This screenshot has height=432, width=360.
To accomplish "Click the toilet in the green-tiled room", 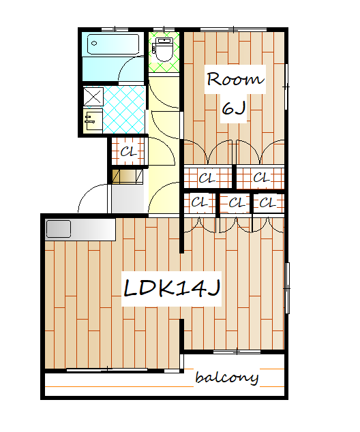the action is click(164, 49).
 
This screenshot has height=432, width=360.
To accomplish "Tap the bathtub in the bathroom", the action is click(113, 44).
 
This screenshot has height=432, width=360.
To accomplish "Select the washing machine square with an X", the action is click(93, 97).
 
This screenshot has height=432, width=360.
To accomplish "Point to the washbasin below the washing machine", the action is click(93, 121).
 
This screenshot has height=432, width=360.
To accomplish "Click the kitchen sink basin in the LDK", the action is click(59, 229).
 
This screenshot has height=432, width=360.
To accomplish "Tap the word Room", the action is click(235, 79).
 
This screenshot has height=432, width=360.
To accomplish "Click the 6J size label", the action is click(234, 108).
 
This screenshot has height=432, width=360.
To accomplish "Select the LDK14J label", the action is click(171, 288).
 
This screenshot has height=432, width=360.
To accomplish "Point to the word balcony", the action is click(227, 377).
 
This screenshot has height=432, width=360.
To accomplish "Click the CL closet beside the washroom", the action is click(128, 151).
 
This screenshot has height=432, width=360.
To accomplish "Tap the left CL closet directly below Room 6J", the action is click(208, 178).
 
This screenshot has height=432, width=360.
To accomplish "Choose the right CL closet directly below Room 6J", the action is click(260, 178).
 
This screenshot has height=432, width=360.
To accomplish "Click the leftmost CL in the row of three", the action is click(199, 203).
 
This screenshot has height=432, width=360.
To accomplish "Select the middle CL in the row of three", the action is click(235, 203).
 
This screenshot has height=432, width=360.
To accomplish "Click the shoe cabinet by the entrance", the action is click(127, 176).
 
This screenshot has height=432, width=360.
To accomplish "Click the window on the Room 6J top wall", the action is click(233, 29).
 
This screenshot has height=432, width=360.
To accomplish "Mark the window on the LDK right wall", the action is click(287, 288).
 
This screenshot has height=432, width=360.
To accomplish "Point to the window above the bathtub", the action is click(115, 29).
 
